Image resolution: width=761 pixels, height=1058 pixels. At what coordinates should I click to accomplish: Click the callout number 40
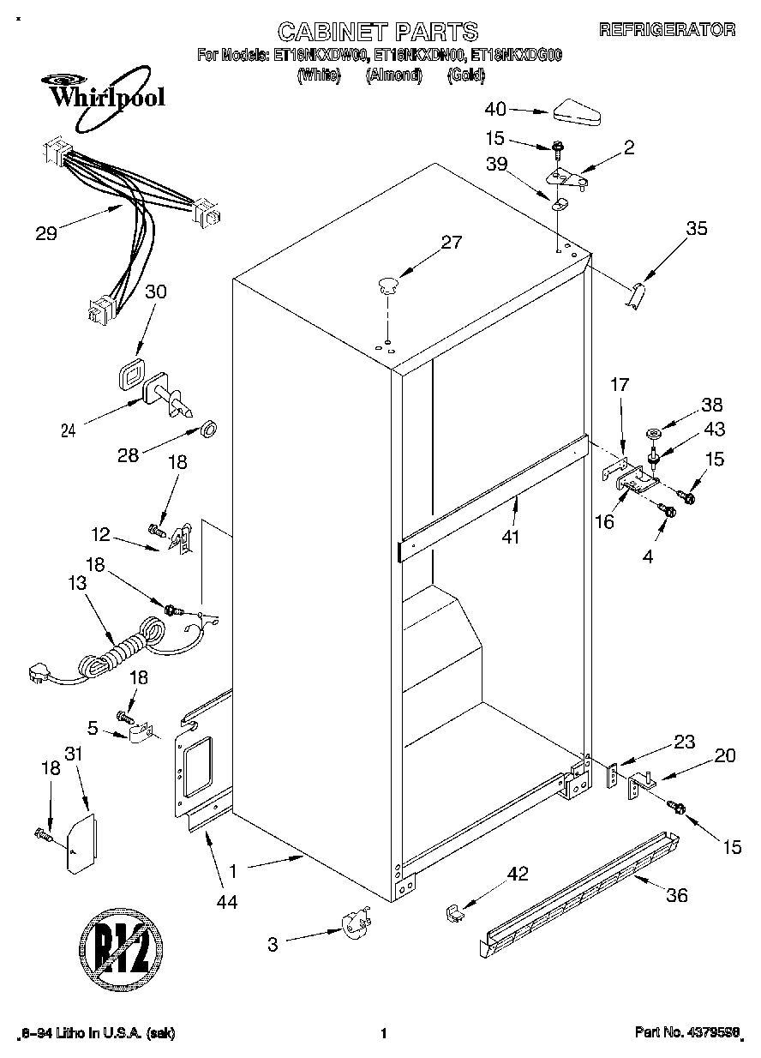(x=495, y=109)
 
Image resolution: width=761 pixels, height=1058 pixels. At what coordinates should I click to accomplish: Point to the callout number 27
(x=451, y=243)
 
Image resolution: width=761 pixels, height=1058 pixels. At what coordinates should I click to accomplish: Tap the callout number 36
(x=677, y=895)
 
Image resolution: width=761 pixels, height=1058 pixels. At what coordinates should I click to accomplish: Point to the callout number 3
(x=273, y=944)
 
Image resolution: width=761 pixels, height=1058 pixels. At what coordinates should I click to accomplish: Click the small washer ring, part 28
(x=208, y=428)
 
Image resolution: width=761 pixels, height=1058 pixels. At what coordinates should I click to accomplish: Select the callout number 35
(x=697, y=228)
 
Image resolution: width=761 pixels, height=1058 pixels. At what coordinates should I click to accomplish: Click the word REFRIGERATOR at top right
(x=667, y=30)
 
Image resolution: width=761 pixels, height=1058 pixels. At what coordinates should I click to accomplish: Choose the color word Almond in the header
(x=393, y=75)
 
